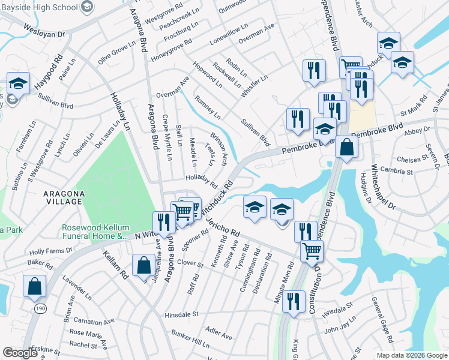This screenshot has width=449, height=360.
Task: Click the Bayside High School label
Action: (x=39, y=7)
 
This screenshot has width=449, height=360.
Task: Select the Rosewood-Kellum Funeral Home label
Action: (x=96, y=232)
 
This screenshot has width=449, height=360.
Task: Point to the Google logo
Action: (x=20, y=353)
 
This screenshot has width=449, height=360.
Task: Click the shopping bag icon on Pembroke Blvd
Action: (x=347, y=146)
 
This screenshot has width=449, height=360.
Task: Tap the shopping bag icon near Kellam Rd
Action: (x=144, y=265)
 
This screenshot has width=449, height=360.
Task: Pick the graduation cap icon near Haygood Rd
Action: (x=18, y=83)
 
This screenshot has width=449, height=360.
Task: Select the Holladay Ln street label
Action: (x=119, y=111)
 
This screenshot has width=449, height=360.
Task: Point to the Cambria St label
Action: (x=396, y=172)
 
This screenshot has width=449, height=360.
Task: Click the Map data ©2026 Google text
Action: (x=411, y=355)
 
